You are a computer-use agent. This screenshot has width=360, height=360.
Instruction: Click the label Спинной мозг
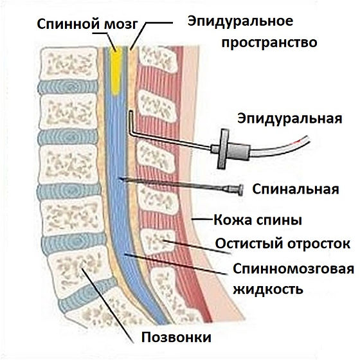tap(87, 24)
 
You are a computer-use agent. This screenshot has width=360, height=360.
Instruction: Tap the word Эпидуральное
tap(240, 22)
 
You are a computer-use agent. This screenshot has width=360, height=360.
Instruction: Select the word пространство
tap(269, 42)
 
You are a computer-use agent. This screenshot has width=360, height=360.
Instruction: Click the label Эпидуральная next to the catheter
tap(290, 119)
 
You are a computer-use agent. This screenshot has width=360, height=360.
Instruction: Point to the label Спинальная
tap(296, 190)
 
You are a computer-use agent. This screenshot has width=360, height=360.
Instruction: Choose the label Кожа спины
tap(258, 220)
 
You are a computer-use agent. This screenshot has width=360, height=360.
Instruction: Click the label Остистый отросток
tap(283, 244)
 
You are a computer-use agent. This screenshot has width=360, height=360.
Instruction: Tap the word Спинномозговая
tap(293, 269)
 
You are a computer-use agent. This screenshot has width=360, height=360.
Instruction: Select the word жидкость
tap(268, 289)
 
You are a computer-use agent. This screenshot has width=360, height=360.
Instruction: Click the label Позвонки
tap(176, 337)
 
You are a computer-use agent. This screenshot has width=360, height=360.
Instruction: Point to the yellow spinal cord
tap(116, 71)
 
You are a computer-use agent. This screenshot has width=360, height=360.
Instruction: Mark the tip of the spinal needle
tap(119, 179)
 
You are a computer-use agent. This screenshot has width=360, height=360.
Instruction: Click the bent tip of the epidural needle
tap(131, 113)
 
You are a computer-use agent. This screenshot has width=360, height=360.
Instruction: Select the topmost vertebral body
tap(68, 64)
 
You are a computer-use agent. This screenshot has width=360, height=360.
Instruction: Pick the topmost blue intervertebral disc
tap(68, 87)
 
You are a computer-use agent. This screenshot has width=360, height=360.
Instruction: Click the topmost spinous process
tap(158, 59)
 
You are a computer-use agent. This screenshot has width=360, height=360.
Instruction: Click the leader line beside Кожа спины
tap(202, 219)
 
